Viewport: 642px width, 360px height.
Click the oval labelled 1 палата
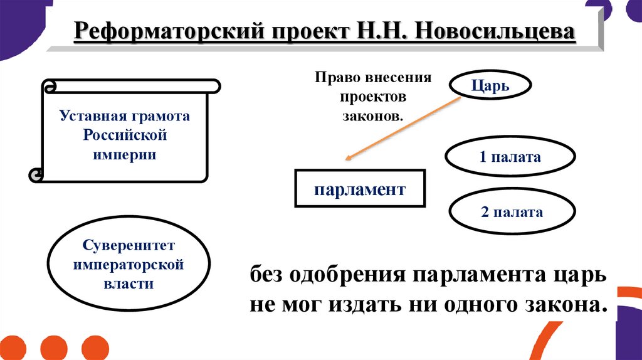click(510, 157)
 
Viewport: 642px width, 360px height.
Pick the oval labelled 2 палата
click(512, 212)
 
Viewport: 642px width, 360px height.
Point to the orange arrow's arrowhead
click(346, 161)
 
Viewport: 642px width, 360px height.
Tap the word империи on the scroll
click(125, 154)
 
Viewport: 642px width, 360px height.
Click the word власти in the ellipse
click(128, 283)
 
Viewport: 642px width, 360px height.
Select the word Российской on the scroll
click(125, 135)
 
